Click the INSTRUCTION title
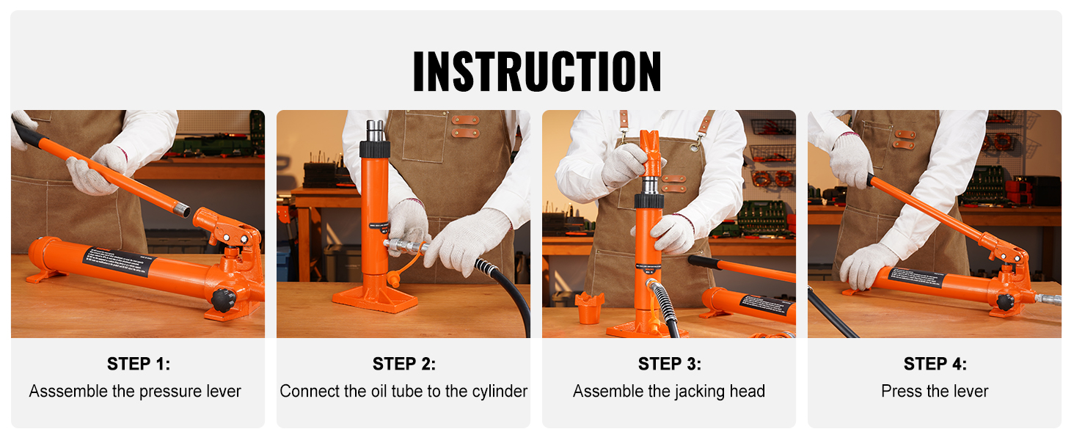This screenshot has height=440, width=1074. pos(536,71)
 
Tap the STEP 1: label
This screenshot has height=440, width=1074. pos(138,364)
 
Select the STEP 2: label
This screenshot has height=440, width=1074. pos(403,364)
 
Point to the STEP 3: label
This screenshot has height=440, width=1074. pos(669,364)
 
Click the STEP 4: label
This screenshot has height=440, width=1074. pos(935,364)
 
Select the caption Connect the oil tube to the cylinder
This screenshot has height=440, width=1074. pos(403,392)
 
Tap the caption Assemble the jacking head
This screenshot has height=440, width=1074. pos(669,392)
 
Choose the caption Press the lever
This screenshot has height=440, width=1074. pos(935,392)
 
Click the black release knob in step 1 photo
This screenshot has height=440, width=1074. pos(223,299)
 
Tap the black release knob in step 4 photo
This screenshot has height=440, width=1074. pos(1005,301)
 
